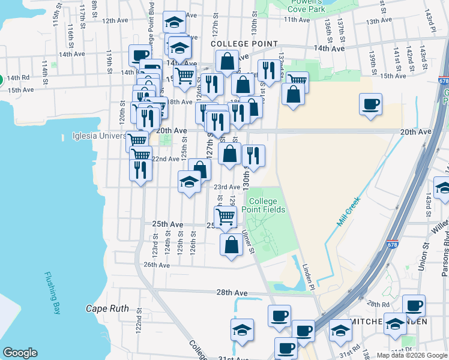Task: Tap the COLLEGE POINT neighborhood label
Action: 244,44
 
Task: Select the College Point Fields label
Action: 264,205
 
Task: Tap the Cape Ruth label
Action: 107,309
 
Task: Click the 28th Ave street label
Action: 232,293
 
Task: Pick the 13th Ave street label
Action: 378,21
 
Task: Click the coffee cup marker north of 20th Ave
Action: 370,104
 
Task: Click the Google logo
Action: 20,353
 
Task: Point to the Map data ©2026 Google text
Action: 412,355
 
